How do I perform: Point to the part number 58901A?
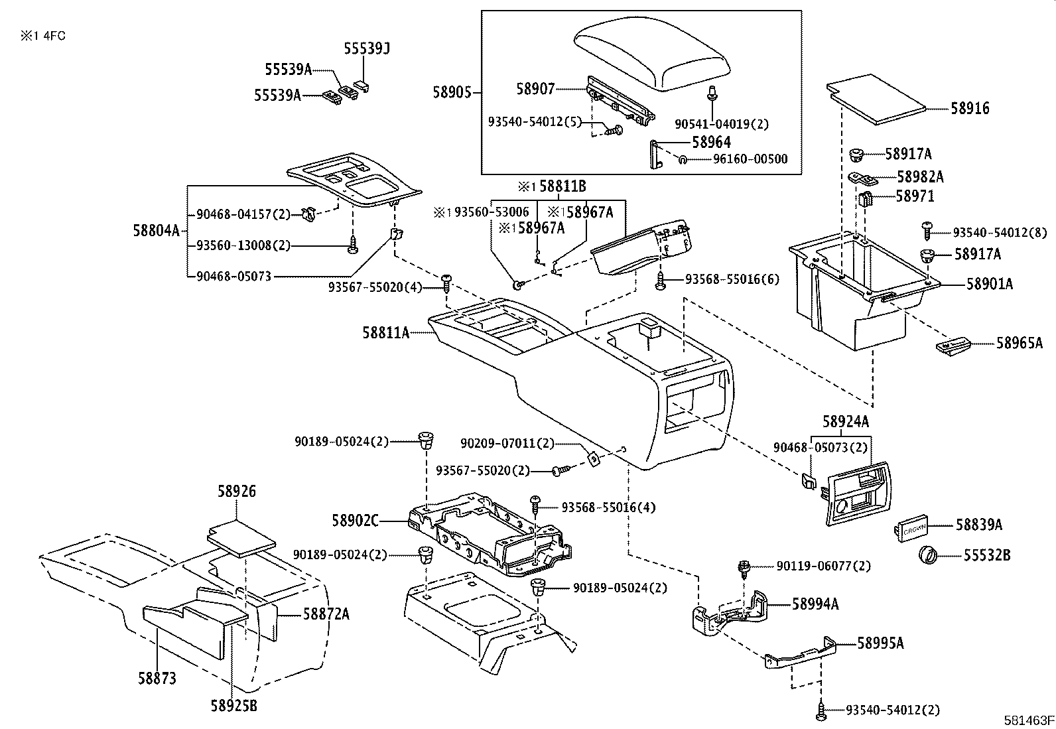pyautogui.click(x=989, y=284)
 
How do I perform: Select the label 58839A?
pyautogui.click(x=978, y=525)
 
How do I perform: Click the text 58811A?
pyautogui.click(x=385, y=332)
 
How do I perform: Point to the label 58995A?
pyautogui.click(x=880, y=643)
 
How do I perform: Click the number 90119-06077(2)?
pyautogui.click(x=823, y=566)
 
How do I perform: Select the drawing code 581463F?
pyautogui.click(x=1028, y=719)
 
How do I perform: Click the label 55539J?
pyautogui.click(x=366, y=48)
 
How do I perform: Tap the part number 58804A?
pyautogui.click(x=156, y=230)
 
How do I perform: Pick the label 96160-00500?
pyautogui.click(x=750, y=159)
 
